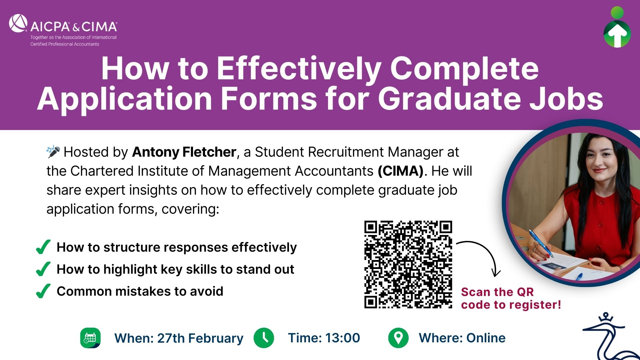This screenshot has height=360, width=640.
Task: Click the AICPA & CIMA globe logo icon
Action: coord(18,23)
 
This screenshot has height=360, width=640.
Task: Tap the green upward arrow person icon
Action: coord(617,27)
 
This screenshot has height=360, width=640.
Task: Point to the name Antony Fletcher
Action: coord(184,152)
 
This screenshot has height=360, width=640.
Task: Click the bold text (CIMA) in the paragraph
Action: coord(401,171)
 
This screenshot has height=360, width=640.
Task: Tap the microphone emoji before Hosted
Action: coord(53,152)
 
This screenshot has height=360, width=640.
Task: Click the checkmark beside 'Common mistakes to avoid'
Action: coord(43,291)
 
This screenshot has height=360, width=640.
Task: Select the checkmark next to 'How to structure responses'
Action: coord(43,247)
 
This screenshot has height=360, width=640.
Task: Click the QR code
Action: coord(408,264)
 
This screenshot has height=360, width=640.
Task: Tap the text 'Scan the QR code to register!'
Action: coord(511,298)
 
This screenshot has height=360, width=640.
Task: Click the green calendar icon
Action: coord(90,338)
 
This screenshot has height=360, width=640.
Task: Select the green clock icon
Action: coord(264,338)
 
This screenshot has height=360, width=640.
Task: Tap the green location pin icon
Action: coord(398,338)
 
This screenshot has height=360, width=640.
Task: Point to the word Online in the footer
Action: coord(486,338)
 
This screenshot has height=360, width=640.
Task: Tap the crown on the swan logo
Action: coord(606,317)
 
